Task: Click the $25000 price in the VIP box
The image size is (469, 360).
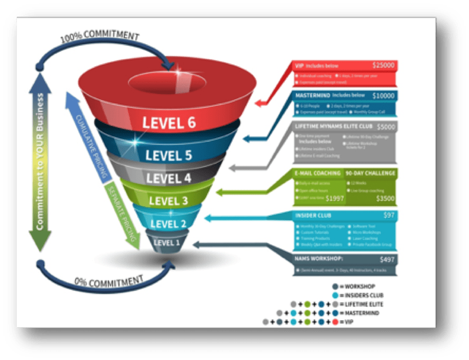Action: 383,65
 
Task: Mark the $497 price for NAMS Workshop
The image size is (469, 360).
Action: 387,260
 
